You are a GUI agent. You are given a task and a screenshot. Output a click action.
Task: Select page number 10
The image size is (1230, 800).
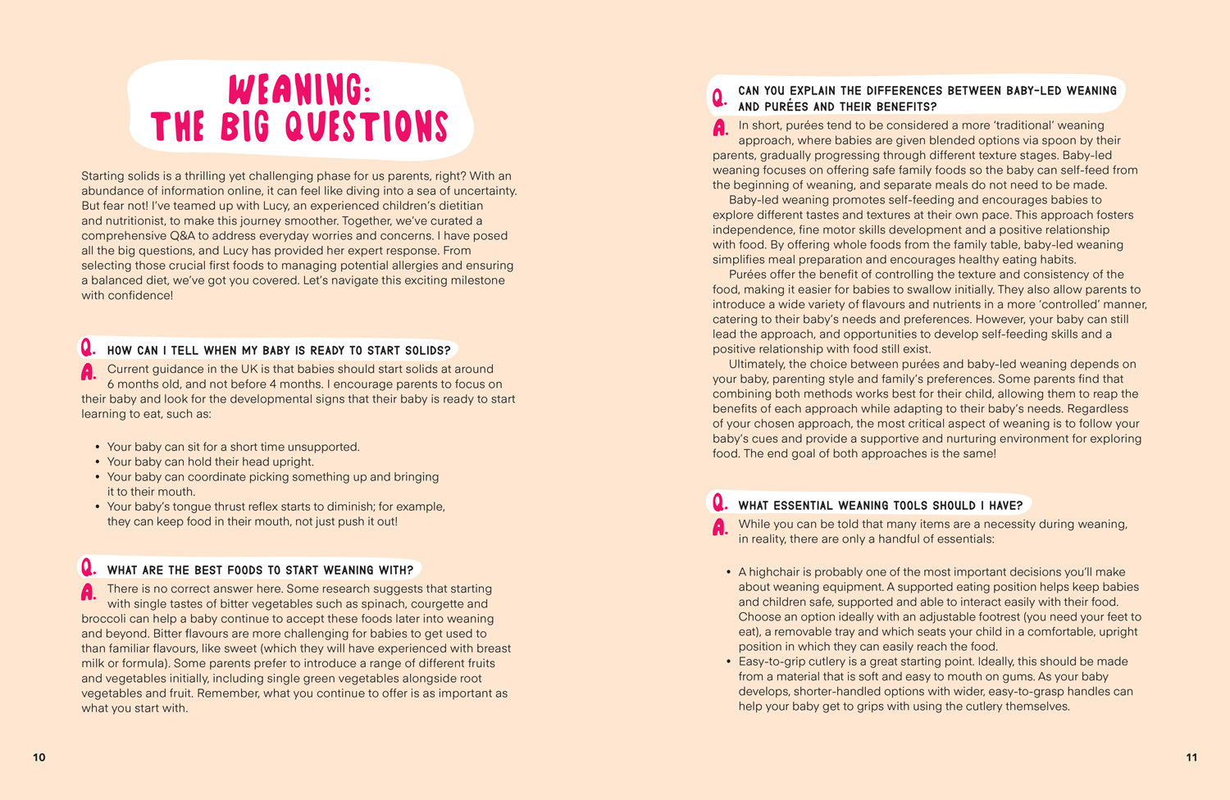[x=39, y=757]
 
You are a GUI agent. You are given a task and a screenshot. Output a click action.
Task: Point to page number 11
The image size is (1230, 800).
[x=1191, y=757]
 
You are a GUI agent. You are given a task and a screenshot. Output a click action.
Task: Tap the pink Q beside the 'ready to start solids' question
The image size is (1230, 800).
[x=88, y=349]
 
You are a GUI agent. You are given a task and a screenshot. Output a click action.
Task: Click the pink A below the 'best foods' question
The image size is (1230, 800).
[x=88, y=592]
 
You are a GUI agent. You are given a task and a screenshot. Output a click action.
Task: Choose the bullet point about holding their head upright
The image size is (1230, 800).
[x=210, y=462]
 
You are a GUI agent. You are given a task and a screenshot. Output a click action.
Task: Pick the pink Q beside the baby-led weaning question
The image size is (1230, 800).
[x=719, y=98]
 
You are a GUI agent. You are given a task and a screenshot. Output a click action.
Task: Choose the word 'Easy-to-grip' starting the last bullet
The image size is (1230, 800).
[x=775, y=661]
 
